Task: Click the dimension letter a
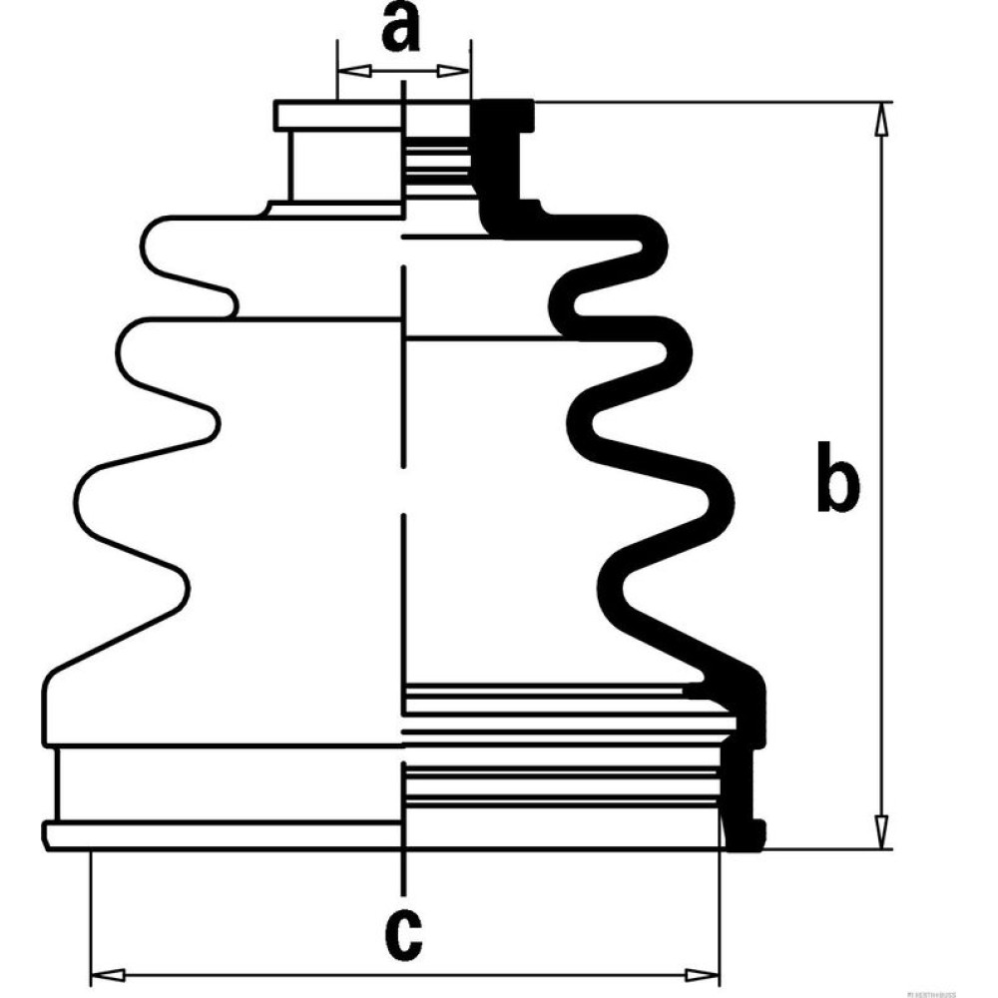click(401, 29)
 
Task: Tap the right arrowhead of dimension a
click(460, 71)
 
